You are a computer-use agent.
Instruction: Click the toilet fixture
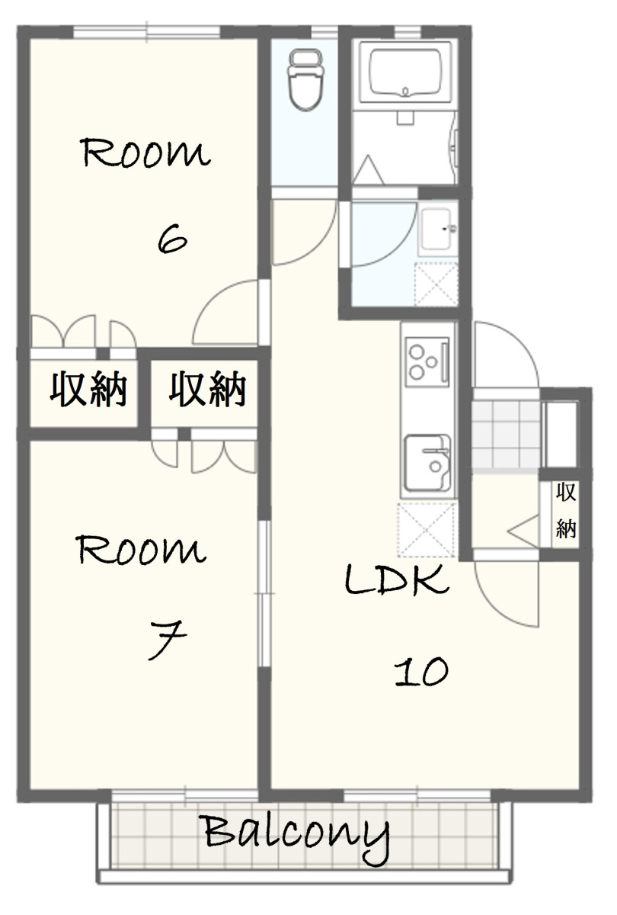coord(306,80)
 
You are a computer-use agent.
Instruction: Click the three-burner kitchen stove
coord(427,362)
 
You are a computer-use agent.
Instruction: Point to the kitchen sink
coord(427,462)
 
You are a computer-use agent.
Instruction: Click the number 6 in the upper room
coord(172,239)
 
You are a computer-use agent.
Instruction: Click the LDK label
coord(397,579)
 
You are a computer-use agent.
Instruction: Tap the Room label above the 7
coord(141,550)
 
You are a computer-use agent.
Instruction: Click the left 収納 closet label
coord(88,389)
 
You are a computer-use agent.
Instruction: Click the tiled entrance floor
coord(506,435)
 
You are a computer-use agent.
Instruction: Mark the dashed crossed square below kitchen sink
coord(427,530)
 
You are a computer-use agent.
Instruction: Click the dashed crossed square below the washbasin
coord(436,284)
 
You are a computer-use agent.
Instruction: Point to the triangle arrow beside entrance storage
coord(523,531)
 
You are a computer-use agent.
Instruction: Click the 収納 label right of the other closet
coord(207,389)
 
